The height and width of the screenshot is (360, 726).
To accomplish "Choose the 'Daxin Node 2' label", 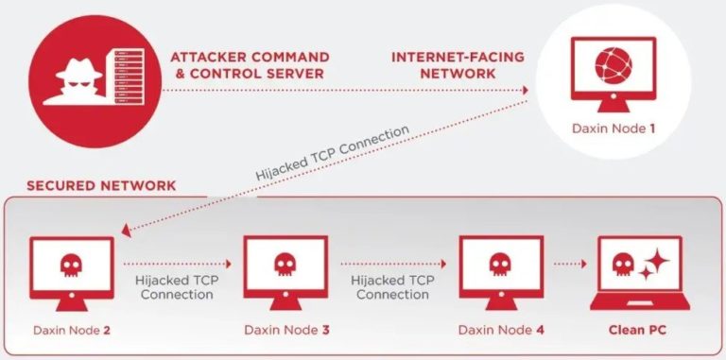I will pyautogui.click(x=72, y=330).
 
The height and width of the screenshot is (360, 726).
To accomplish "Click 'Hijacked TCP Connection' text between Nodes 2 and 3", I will pyautogui.click(x=177, y=288).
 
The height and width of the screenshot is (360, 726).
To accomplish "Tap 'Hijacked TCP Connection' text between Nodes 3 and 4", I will pyautogui.click(x=390, y=288).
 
